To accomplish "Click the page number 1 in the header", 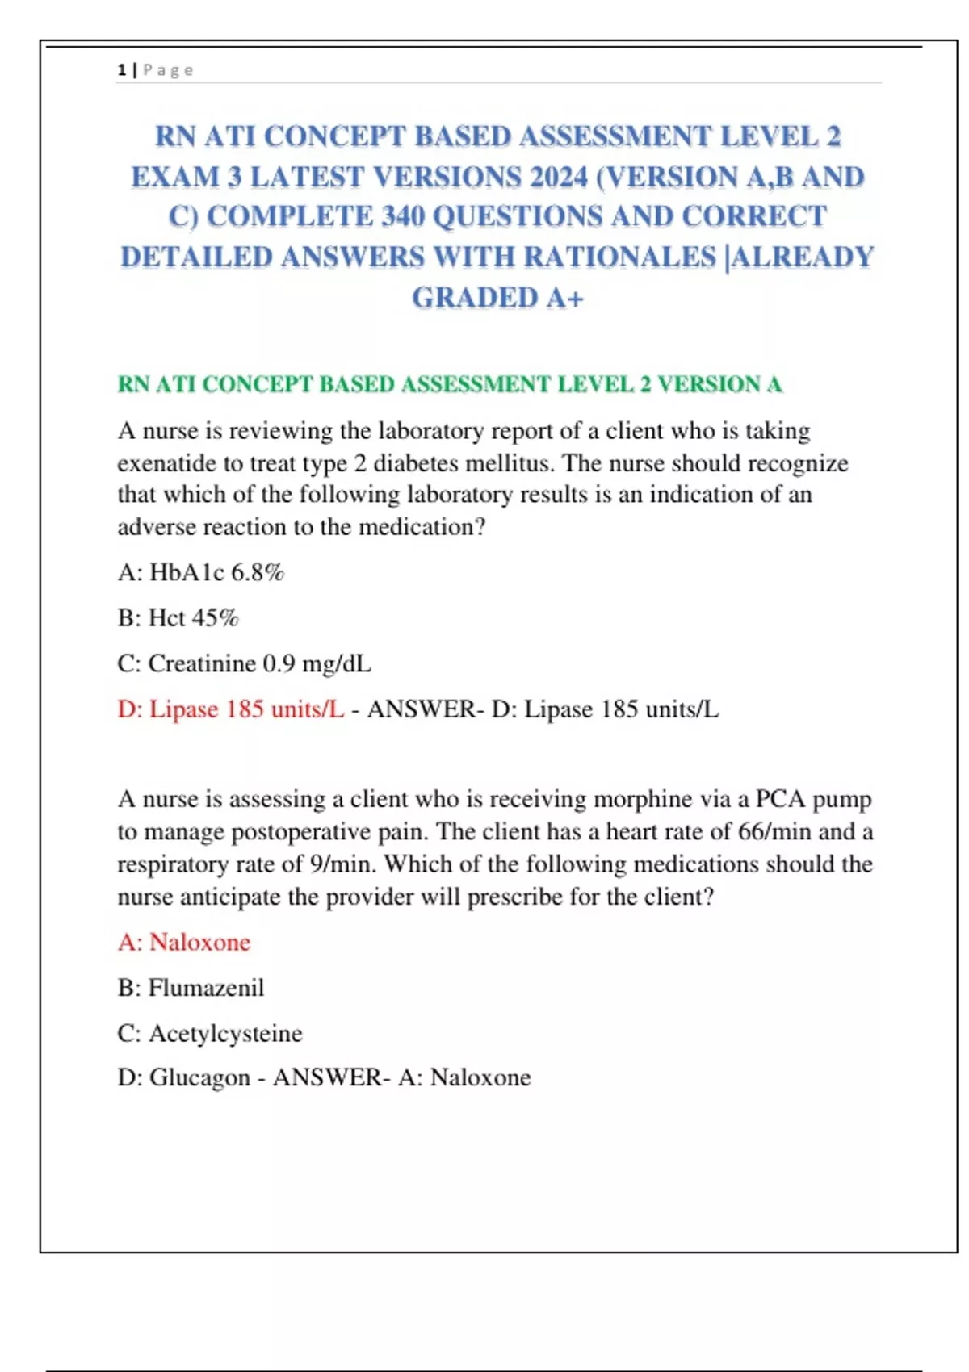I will [x=121, y=70].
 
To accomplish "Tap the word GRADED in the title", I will [x=475, y=298].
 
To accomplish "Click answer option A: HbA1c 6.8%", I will [x=200, y=573].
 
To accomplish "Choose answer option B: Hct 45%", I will [x=178, y=618].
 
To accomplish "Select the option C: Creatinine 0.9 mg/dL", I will [x=244, y=663].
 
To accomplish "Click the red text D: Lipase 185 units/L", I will [x=230, y=709].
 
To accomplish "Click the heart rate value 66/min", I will [x=775, y=832].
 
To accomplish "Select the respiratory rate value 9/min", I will [x=339, y=864].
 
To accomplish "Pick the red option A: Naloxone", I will [x=184, y=942].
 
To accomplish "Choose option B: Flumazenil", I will [x=191, y=988].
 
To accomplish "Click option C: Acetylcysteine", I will [x=210, y=1033].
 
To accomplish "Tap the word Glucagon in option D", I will [x=199, y=1077].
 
